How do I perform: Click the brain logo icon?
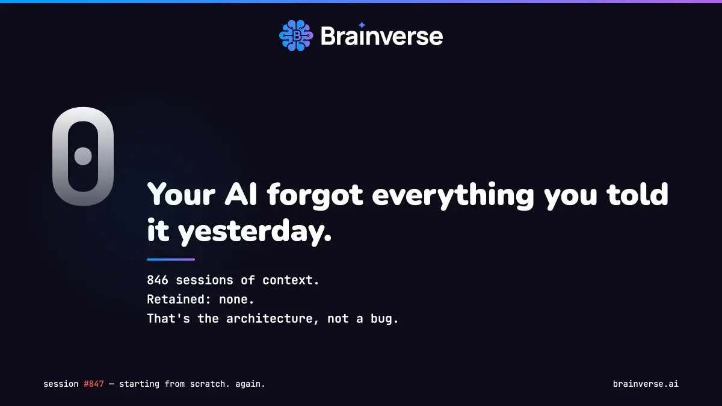point(296,35)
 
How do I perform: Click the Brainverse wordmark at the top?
point(381,36)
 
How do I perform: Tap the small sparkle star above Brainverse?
point(362,25)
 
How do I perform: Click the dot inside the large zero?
point(83,156)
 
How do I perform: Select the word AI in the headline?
point(241,195)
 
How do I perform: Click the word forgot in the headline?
point(315,195)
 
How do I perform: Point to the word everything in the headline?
point(453,195)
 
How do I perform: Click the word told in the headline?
point(637,194)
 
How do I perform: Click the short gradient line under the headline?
point(171,259)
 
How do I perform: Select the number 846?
point(157,280)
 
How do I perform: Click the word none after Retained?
point(236,300)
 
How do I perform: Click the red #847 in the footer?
point(94,384)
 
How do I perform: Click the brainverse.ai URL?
point(646,384)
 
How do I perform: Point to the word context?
point(291,280)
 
